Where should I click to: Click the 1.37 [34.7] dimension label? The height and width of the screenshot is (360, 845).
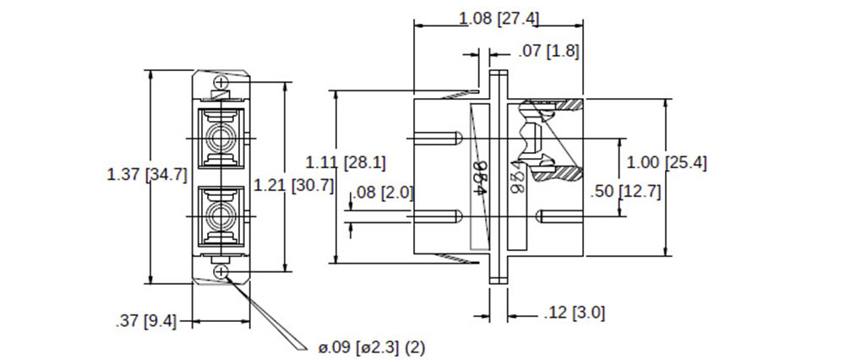146,176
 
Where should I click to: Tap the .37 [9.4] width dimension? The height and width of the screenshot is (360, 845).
145,321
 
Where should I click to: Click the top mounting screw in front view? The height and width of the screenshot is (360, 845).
221,83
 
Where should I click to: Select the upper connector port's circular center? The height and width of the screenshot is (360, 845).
221,137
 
